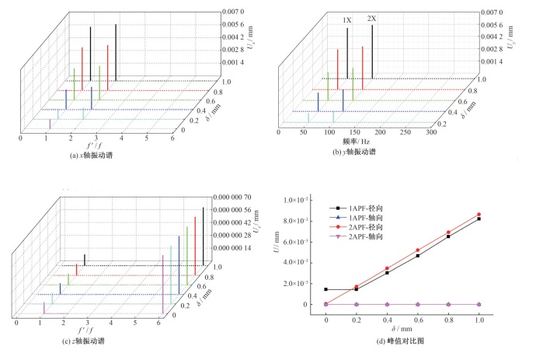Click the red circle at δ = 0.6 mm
pos(418,250)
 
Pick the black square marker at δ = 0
pos(326,289)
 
